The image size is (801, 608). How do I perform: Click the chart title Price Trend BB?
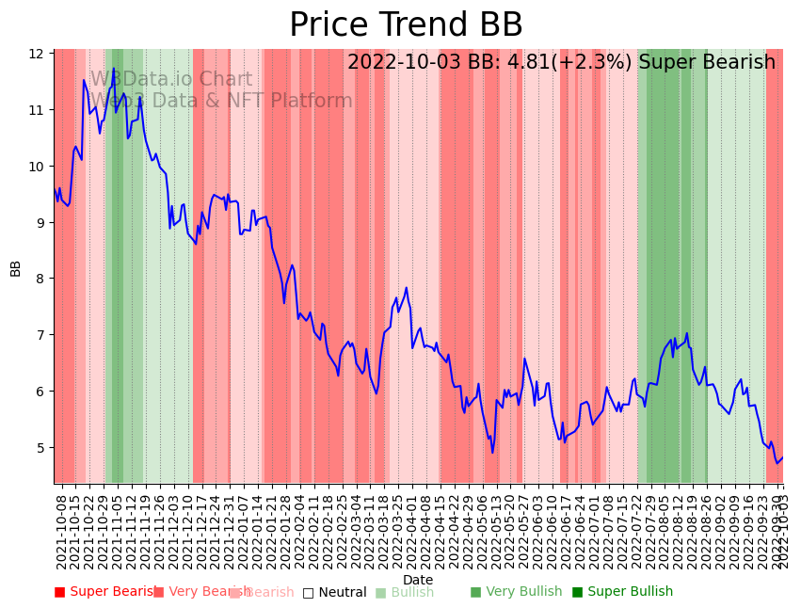406,25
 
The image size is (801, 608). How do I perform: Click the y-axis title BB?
15,268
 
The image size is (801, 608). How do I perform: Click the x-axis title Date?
418,580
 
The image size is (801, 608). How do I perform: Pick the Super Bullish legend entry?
622,592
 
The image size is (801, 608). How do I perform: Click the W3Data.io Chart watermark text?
171,80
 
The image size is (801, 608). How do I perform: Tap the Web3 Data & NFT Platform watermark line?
221,102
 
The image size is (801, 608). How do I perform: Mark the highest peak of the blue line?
114,69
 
